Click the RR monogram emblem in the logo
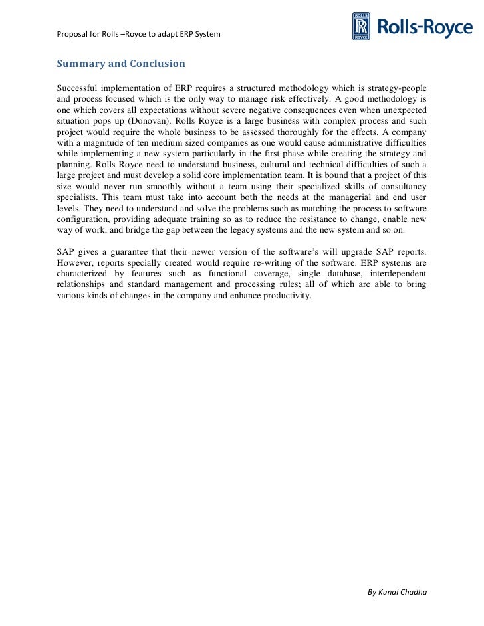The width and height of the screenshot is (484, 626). (x=360, y=27)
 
